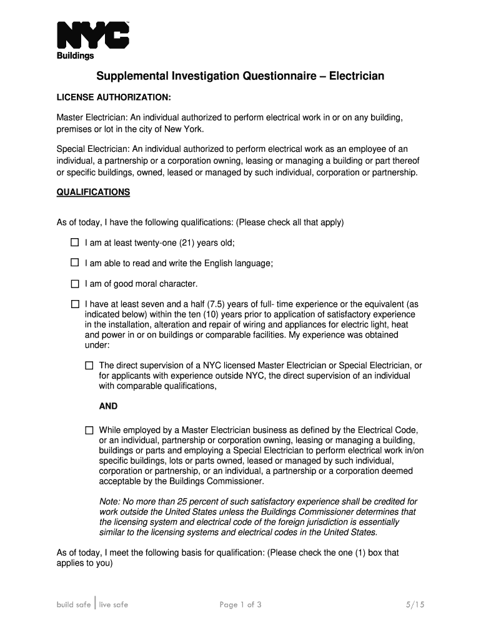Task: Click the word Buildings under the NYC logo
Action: pyautogui.click(x=75, y=56)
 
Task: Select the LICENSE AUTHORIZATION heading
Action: pyautogui.click(x=114, y=98)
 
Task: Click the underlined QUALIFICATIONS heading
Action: pyautogui.click(x=93, y=192)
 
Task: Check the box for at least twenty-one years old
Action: pyautogui.click(x=75, y=242)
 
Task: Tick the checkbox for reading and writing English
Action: pyautogui.click(x=75, y=263)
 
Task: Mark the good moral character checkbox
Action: pyautogui.click(x=75, y=284)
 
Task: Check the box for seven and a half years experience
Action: pyautogui.click(x=75, y=304)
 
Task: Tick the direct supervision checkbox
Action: pyautogui.click(x=89, y=366)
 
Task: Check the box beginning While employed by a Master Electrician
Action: pyautogui.click(x=89, y=431)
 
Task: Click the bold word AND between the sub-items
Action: pyautogui.click(x=108, y=406)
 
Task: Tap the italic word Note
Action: pyautogui.click(x=109, y=502)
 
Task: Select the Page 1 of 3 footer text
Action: pyautogui.click(x=241, y=604)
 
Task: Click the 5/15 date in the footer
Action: pyautogui.click(x=414, y=604)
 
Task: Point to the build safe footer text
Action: pyautogui.click(x=74, y=604)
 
